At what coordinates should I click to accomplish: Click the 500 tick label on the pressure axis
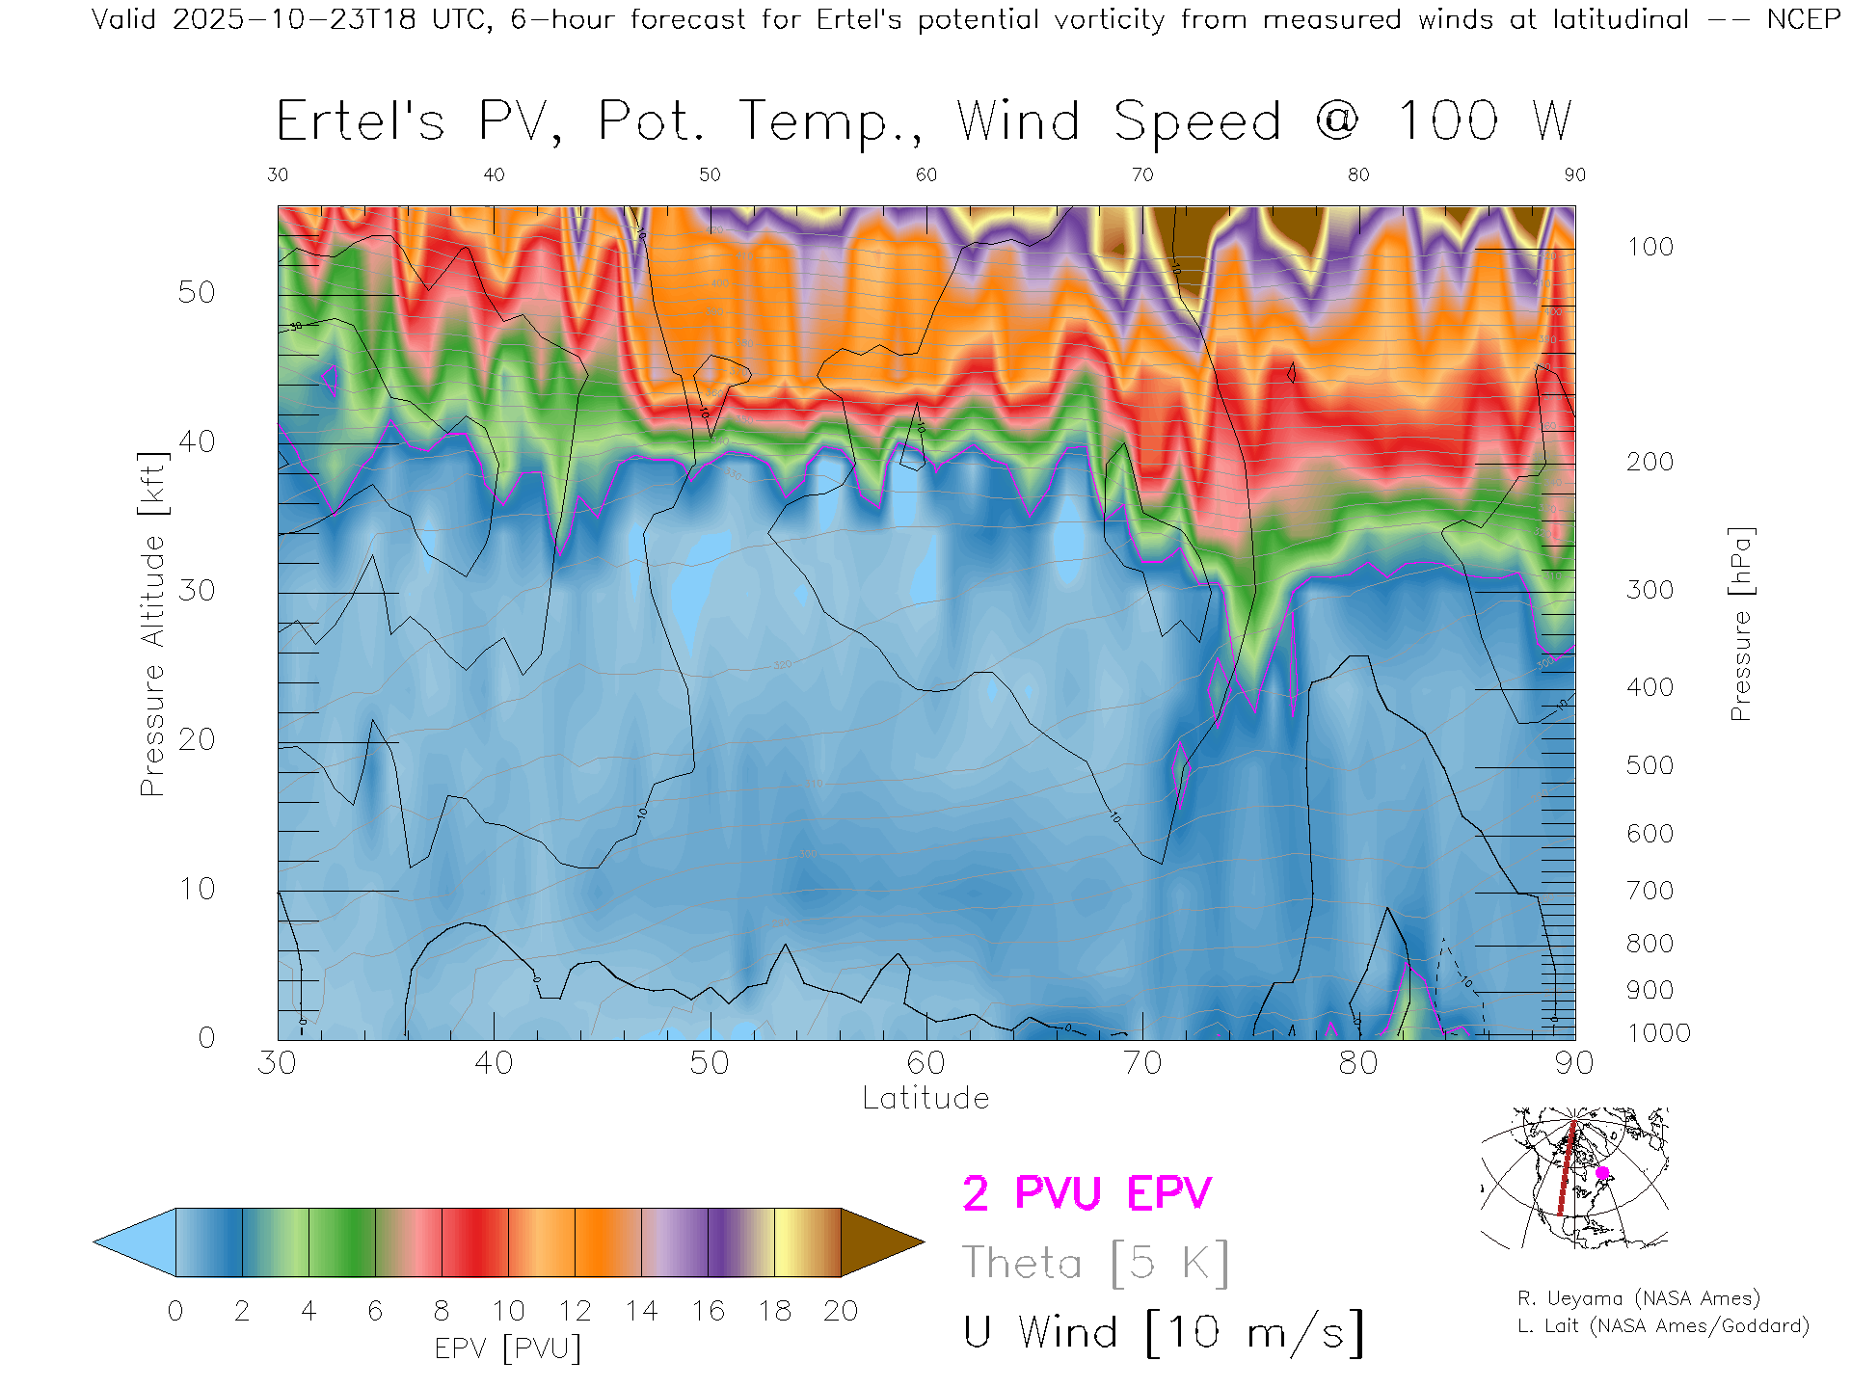[1650, 765]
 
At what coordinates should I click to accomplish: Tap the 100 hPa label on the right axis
[1650, 247]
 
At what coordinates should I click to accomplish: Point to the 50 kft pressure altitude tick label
[196, 292]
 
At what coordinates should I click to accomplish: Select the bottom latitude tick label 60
[925, 1063]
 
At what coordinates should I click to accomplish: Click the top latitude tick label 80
[1357, 174]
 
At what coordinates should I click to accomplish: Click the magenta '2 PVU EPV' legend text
[1086, 1193]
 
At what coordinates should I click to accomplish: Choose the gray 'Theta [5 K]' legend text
[1095, 1263]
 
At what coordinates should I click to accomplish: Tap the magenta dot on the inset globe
[1602, 1173]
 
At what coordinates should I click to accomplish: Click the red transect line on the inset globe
[1567, 1171]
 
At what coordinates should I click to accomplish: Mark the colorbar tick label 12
[575, 1311]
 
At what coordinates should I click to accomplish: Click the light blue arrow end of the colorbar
[135, 1242]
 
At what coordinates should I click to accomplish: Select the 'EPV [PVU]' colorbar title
[508, 1348]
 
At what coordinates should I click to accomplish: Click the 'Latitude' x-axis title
[925, 1099]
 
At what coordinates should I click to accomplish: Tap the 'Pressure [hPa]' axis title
[1740, 625]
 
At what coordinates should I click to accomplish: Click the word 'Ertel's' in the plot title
[361, 121]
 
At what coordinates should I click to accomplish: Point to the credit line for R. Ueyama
[1638, 1298]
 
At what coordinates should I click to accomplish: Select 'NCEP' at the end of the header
[1804, 19]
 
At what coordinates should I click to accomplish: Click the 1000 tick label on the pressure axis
[1658, 1033]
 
